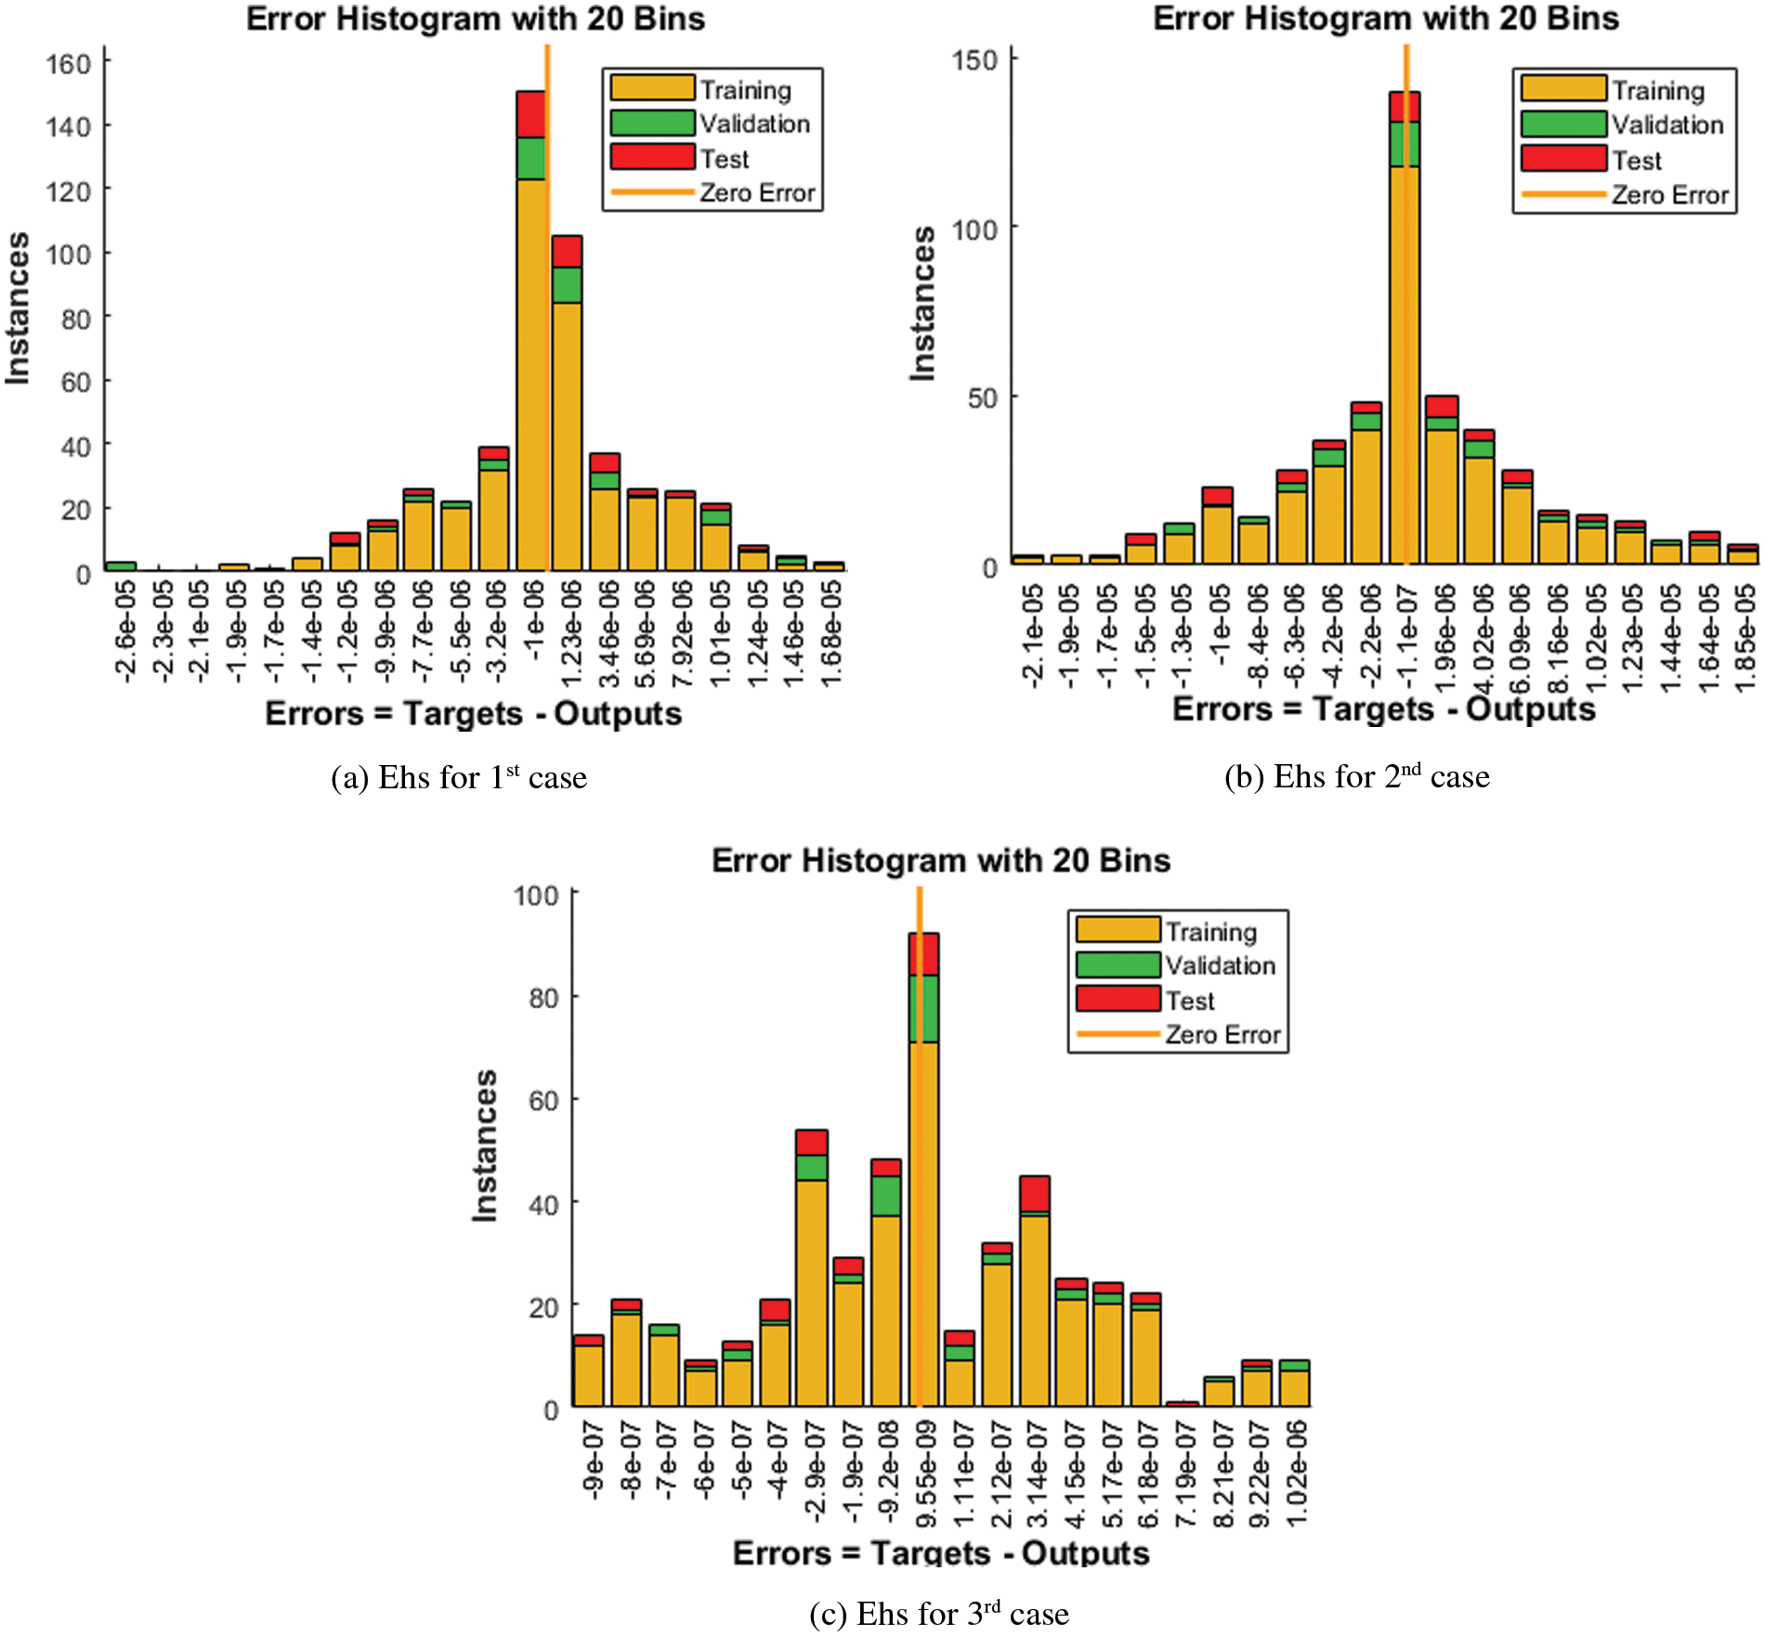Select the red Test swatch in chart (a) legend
pos(652,157)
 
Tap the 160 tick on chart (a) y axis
pos(69,64)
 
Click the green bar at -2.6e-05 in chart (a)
pos(121,565)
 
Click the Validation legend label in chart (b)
pos(1667,124)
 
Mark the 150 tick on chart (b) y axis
pos(974,61)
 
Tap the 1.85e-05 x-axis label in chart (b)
pos(1745,635)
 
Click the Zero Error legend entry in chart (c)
pos(1222,1034)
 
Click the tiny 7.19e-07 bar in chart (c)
pos(1183,1404)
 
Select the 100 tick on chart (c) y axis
pos(536,896)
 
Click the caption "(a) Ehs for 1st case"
pos(459,777)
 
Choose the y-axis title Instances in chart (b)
pos(922,304)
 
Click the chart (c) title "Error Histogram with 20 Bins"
pos(940,861)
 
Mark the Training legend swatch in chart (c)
pos(1118,929)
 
